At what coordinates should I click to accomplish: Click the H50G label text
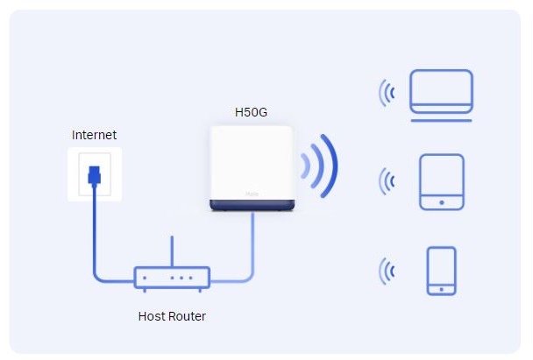[252, 112]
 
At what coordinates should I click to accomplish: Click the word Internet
[94, 135]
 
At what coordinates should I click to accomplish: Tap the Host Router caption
[172, 316]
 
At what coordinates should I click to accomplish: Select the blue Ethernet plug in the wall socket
[94, 174]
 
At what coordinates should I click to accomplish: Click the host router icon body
[172, 279]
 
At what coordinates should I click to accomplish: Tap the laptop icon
[442, 90]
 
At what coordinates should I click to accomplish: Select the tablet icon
[441, 182]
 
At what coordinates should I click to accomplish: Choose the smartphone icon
[441, 271]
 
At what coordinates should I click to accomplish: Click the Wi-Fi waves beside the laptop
[386, 92]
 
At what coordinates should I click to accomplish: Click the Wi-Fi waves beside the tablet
[386, 182]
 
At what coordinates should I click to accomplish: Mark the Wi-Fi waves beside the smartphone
[386, 271]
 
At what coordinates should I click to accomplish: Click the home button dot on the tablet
[441, 202]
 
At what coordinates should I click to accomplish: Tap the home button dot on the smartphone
[441, 286]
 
